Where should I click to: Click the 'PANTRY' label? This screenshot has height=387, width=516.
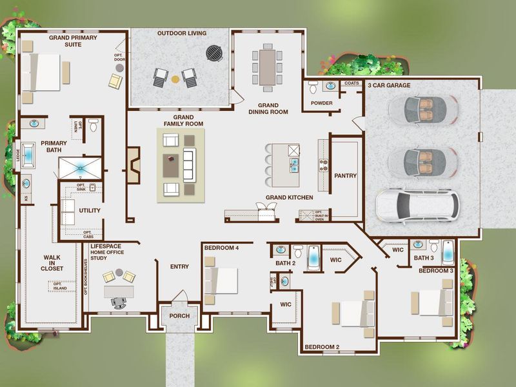pos(345,175)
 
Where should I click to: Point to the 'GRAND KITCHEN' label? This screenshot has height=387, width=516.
pos(290,197)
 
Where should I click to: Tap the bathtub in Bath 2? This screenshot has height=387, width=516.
pos(313,257)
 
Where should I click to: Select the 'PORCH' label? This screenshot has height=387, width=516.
pos(179,316)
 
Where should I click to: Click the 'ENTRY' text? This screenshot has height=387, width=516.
pos(179,266)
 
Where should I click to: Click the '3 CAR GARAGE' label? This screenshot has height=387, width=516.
pos(389,85)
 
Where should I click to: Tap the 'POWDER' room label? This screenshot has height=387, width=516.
pos(321,103)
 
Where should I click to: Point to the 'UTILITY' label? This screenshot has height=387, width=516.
pos(90,211)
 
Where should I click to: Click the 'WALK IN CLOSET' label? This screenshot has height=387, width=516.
pos(52,262)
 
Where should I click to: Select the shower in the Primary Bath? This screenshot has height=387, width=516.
pos(81,167)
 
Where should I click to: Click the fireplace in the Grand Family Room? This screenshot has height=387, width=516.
pos(133,163)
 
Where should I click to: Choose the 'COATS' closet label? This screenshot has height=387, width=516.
pos(352,83)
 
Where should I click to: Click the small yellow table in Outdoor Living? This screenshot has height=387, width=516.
pos(175,79)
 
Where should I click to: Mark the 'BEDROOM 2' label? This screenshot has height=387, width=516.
pos(322,347)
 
